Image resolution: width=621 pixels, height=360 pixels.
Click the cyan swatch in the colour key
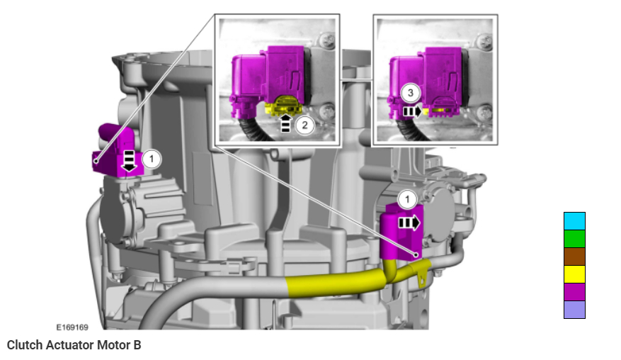pyautogui.click(x=574, y=221)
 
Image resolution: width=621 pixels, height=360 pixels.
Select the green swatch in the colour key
pyautogui.click(x=574, y=239)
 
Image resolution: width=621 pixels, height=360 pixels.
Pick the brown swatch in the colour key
pyautogui.click(x=574, y=257)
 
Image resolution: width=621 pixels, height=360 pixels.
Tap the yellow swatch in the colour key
pyautogui.click(x=574, y=274)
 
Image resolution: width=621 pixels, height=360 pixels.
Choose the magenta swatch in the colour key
pyautogui.click(x=574, y=292)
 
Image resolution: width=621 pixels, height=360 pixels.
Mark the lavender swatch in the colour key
pyautogui.click(x=574, y=309)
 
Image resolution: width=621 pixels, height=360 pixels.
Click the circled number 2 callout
pyautogui.click(x=304, y=125)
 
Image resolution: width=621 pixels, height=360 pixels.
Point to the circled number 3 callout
pyautogui.click(x=410, y=93)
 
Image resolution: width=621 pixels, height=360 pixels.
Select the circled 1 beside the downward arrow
pyautogui.click(x=152, y=159)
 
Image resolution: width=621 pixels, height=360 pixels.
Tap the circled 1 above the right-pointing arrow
pyautogui.click(x=408, y=199)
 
